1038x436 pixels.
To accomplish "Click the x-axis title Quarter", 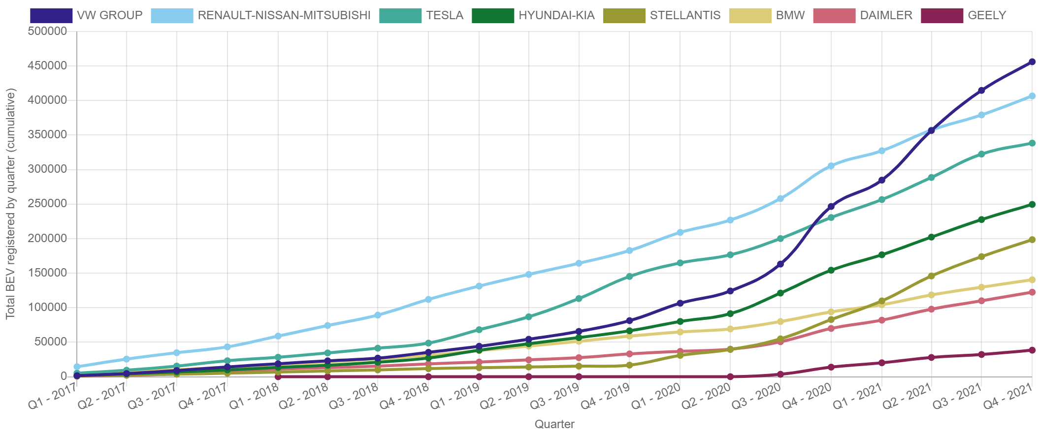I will tap(554, 424).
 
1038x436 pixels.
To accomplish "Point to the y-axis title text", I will tap(11, 203).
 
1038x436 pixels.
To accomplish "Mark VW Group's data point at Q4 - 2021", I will tap(1032, 62).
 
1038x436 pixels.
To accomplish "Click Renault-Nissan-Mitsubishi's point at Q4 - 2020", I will tap(831, 166).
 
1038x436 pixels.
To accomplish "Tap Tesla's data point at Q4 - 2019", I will tap(629, 277).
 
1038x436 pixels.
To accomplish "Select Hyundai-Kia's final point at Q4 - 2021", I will tap(1032, 204).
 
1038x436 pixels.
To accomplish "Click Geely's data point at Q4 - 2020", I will tap(831, 367).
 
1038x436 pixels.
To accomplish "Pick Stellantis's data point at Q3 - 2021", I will tap(981, 256).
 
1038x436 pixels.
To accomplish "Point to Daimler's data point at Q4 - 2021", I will tap(1032, 292).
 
